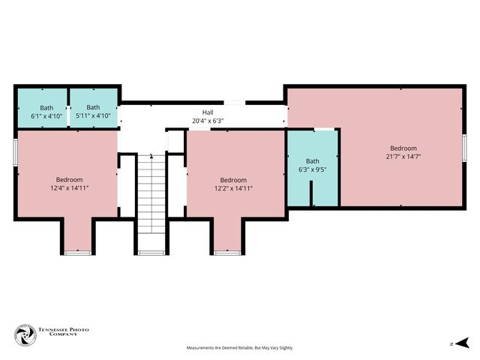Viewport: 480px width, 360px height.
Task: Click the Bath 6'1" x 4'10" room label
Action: [42, 112]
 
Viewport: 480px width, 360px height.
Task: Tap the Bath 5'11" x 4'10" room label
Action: [93, 112]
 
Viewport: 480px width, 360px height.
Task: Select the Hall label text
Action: [208, 112]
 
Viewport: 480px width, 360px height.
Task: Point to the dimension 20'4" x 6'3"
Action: [208, 120]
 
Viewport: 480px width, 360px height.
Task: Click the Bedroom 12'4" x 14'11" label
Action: [69, 184]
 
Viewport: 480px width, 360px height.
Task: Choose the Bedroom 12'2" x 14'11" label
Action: [233, 184]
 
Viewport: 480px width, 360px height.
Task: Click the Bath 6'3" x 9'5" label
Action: [312, 165]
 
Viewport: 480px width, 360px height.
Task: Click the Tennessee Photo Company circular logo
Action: [25, 335]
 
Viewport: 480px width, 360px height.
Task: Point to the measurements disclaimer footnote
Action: [240, 348]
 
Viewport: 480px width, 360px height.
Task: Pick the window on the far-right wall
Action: [464, 147]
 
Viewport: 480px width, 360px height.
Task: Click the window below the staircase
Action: [151, 253]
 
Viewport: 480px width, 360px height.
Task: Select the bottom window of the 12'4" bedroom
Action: [76, 253]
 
